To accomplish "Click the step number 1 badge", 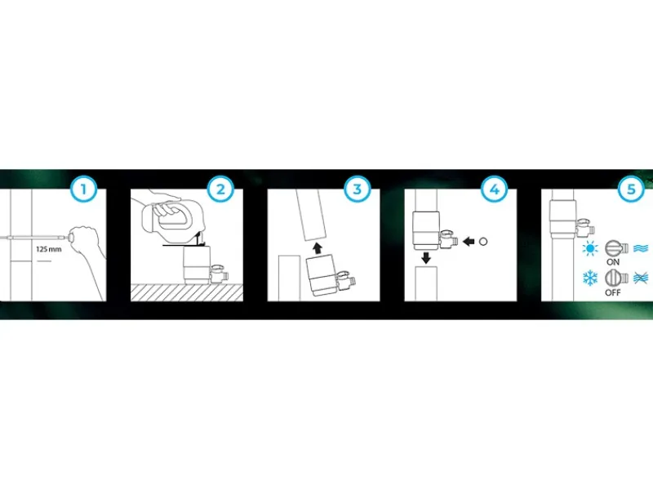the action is coord(84,189).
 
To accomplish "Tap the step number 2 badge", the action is coord(220,189).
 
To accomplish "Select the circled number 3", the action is coord(358,189).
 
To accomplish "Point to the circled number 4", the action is coord(495,189).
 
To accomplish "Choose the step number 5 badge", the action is coord(631,189).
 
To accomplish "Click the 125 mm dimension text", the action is coord(49,249).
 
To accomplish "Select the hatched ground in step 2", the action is coord(187,292).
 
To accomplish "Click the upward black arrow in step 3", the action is coord(318,248).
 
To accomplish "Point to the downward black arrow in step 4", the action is coord(426,258).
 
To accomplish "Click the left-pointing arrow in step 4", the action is coord(469,241).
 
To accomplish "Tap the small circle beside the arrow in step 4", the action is coord(483,241).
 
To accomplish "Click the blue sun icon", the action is coord(590,248).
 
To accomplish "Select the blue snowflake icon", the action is coord(590,278).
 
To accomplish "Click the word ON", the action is coord(613,262).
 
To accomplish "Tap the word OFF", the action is coord(613,292).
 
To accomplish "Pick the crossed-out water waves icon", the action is coord(641,278).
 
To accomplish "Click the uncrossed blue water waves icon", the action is coord(641,248).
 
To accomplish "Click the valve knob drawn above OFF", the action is coord(616,278).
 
